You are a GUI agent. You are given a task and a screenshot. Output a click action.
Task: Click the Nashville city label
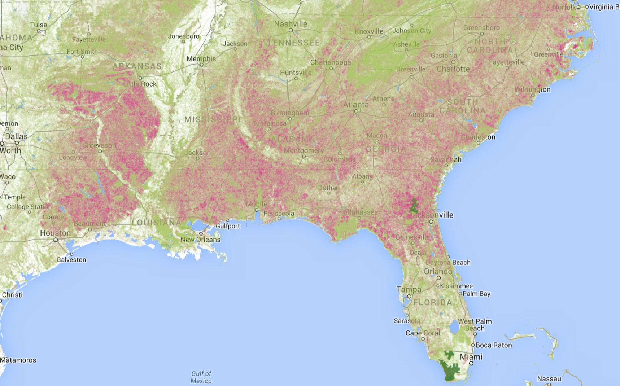pyautogui.click(x=291, y=24)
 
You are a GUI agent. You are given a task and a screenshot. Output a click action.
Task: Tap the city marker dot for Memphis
pyautogui.click(x=202, y=65)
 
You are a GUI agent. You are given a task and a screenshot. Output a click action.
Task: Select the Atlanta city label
pyautogui.click(x=356, y=104)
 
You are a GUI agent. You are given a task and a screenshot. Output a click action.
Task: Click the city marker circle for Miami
pyautogui.click(x=471, y=363)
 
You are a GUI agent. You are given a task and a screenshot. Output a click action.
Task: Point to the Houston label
pyautogui.click(x=55, y=233)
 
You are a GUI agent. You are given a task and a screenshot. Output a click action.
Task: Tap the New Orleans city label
pyautogui.click(x=200, y=240)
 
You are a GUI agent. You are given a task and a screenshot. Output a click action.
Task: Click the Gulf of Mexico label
pyautogui.click(x=201, y=377)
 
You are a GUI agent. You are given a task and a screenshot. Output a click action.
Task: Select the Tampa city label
pyautogui.click(x=409, y=289)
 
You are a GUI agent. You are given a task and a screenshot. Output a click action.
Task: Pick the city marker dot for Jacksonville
pyautogui.click(x=431, y=222)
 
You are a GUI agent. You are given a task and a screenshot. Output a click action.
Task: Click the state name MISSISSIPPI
pyautogui.click(x=213, y=119)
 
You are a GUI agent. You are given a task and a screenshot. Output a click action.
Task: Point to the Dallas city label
pyautogui.click(x=16, y=136)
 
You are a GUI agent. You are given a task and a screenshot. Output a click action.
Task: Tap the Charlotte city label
pyautogui.click(x=453, y=69)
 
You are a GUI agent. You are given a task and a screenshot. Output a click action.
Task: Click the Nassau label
pyautogui.click(x=549, y=379)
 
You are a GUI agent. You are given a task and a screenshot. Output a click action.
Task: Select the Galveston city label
pyautogui.click(x=71, y=260)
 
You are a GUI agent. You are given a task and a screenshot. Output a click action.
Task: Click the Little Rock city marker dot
pyautogui.click(x=140, y=78)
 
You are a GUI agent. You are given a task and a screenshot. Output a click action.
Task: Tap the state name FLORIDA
pyautogui.click(x=432, y=302)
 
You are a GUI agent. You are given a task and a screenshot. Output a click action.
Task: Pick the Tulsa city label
pyautogui.click(x=39, y=25)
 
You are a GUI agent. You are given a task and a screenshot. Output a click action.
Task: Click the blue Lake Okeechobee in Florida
pyautogui.click(x=454, y=327)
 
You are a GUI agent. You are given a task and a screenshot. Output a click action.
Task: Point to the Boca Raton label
pyautogui.click(x=494, y=345)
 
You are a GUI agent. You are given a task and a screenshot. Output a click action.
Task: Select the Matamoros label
pyautogui.click(x=18, y=360)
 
